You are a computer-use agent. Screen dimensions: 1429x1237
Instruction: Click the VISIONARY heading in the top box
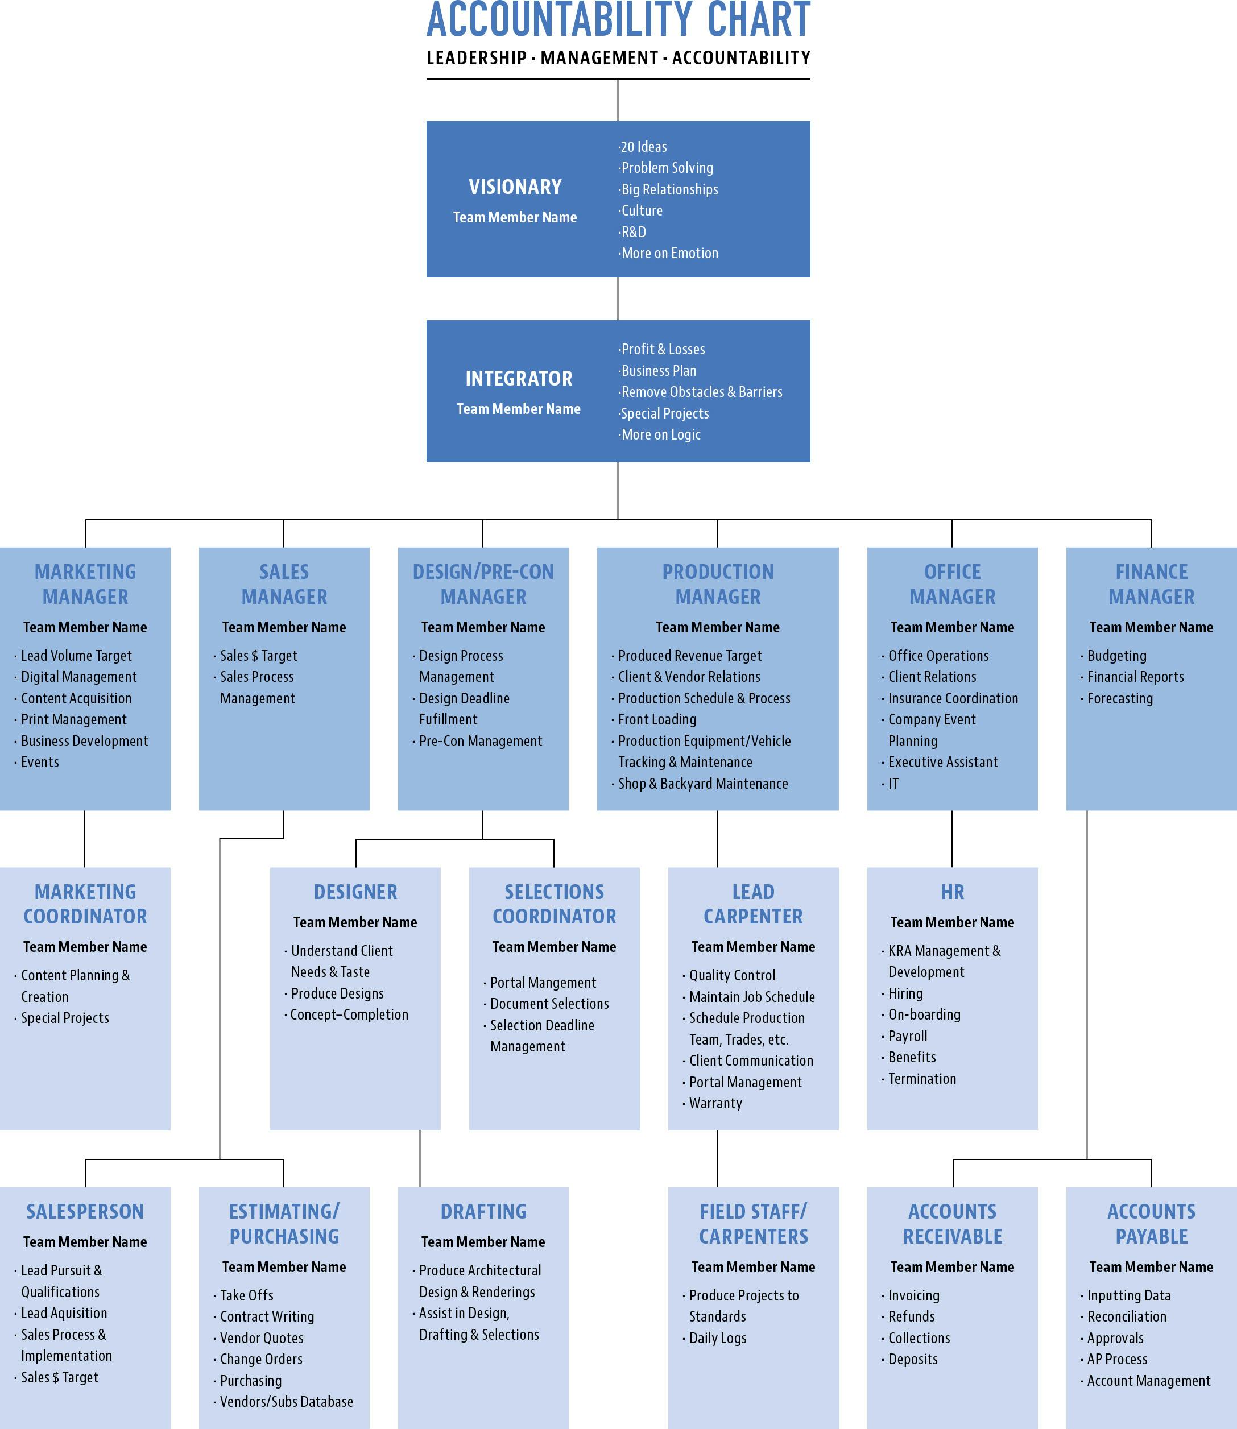(515, 187)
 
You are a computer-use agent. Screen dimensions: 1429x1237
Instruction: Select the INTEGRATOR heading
(519, 379)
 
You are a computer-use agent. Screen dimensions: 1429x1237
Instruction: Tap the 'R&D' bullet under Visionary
(633, 232)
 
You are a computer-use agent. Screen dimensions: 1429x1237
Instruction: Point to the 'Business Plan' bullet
(658, 371)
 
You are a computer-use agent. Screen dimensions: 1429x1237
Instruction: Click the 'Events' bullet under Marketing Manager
(39, 762)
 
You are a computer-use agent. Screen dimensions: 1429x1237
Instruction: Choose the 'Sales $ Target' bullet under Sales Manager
(258, 656)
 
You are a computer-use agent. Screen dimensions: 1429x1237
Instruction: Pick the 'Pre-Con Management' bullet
(481, 741)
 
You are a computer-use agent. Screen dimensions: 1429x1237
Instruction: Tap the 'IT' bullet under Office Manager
(893, 784)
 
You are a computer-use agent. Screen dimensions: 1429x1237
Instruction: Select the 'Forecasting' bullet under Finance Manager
(1120, 698)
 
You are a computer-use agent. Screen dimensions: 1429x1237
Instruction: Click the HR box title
(952, 892)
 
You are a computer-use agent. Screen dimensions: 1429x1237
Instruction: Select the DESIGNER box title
(355, 892)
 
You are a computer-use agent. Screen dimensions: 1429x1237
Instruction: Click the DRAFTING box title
(483, 1212)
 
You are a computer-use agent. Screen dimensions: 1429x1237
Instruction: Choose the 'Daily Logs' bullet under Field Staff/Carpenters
(717, 1338)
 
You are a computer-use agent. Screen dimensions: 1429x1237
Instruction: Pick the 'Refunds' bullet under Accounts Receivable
(911, 1316)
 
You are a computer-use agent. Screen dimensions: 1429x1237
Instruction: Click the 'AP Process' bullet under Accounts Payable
(1117, 1359)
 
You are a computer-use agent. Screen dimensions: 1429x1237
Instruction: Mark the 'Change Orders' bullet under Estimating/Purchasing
(261, 1359)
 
